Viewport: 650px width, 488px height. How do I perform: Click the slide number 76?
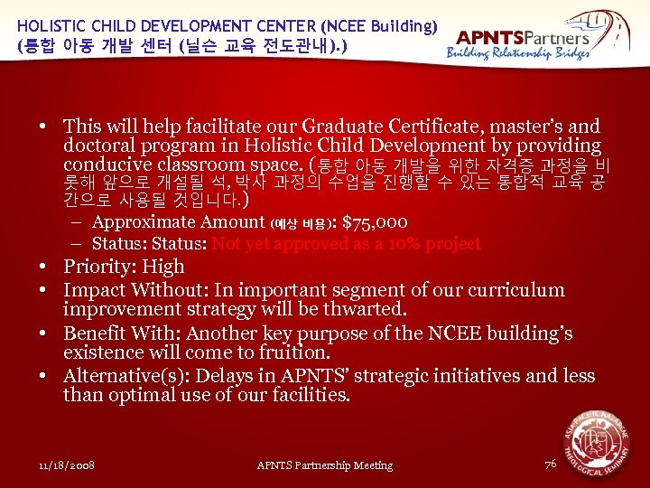pos(551,464)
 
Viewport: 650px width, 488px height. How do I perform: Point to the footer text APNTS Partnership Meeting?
pos(325,465)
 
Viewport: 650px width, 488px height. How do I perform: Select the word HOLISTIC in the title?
pos(51,27)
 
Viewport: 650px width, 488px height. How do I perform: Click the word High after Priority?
pos(163,267)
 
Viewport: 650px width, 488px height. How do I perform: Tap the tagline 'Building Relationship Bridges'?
pos(518,53)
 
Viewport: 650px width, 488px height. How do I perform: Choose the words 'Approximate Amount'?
pos(179,222)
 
